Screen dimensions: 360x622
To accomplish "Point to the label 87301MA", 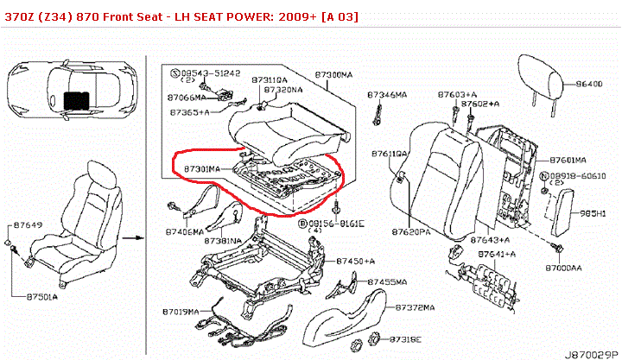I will pos(202,168).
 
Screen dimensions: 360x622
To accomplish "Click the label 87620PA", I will pos(411,232).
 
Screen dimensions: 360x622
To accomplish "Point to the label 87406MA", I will pos(184,232).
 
